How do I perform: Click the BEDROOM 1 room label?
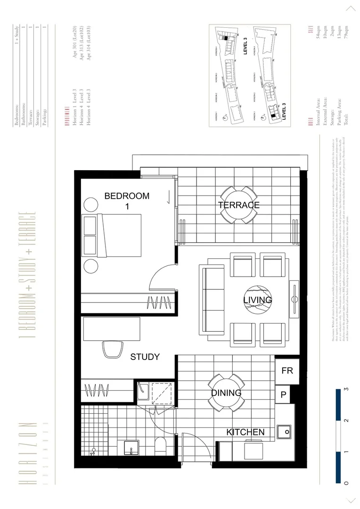127,201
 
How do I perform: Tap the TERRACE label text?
238,205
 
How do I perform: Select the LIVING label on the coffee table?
257,300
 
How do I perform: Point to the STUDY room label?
145,357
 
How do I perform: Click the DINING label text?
226,393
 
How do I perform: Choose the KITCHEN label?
245,432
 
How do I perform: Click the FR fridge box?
287,371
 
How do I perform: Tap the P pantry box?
284,394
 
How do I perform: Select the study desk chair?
112,349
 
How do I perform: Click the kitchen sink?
284,431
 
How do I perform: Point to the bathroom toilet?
160,445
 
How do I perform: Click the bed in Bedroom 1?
113,235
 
